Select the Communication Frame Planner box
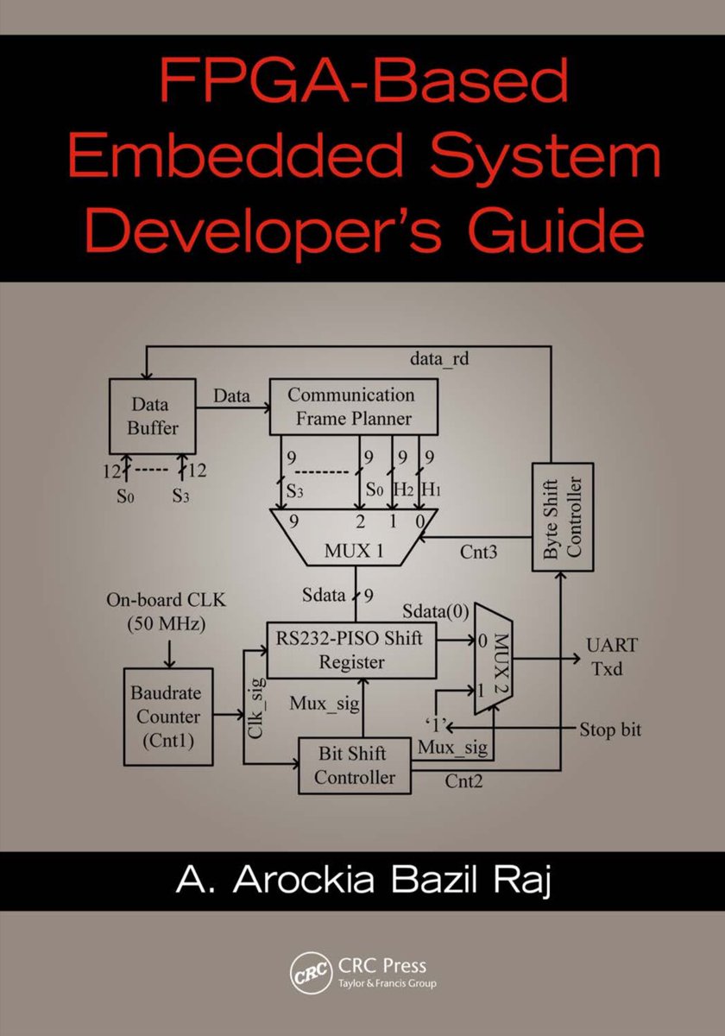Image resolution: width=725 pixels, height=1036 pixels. point(350,407)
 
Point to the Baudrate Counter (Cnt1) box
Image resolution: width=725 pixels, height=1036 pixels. point(166,717)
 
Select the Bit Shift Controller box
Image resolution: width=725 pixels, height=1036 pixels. point(354,766)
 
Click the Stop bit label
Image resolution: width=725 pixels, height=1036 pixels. point(609,730)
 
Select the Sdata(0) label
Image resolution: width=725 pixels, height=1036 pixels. point(437,611)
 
